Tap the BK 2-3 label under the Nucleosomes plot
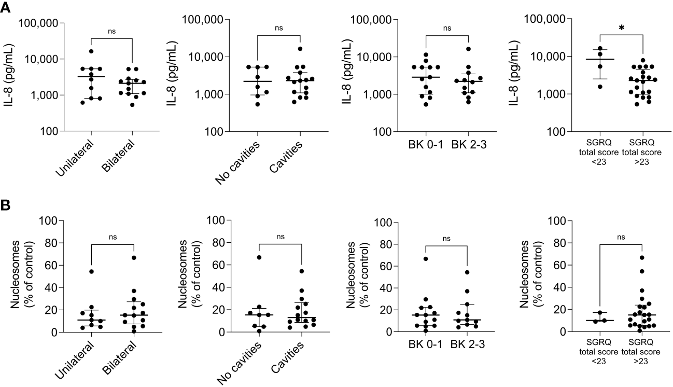tap(468, 344)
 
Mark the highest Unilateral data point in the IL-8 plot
tap(91, 51)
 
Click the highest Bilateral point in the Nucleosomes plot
tap(134, 257)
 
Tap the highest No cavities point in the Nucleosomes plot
tap(259, 257)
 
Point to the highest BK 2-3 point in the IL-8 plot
tap(468, 49)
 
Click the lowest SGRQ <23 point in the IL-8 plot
tap(600, 87)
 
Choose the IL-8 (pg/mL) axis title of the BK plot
tap(346, 75)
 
